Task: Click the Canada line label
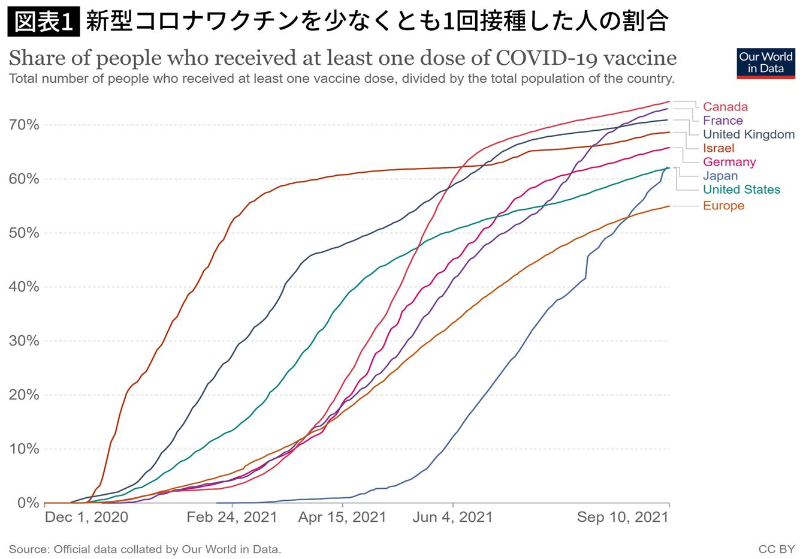pos(725,107)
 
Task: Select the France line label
pos(723,121)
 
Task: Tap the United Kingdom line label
pos(748,134)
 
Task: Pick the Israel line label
pos(719,148)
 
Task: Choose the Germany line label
pos(729,162)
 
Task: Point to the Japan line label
pos(720,176)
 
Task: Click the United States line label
pos(741,190)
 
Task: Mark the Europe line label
pos(723,206)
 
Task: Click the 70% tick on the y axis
pos(25,125)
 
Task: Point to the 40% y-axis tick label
pos(25,287)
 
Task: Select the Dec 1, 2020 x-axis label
pos(86,517)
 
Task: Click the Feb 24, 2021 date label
pos(231,517)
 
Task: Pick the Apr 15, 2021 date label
pos(342,517)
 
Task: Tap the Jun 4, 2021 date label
pos(452,517)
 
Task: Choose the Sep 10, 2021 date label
pos(623,517)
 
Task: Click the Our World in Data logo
pos(765,63)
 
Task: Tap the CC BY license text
pos(776,549)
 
